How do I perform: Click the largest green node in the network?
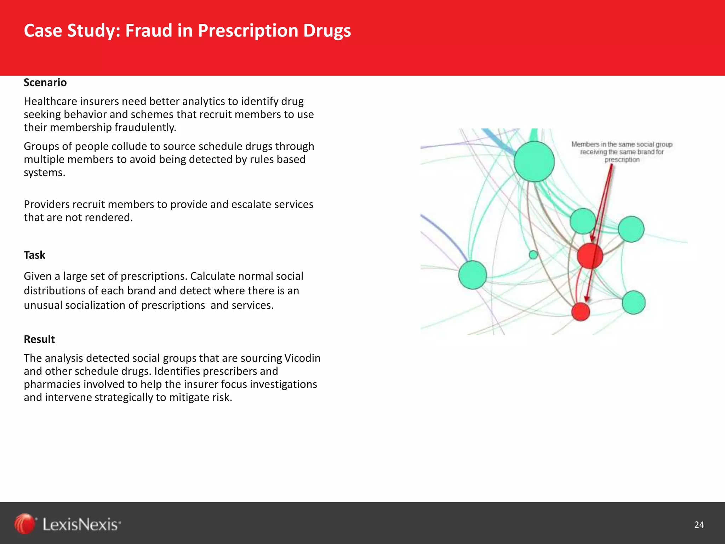tap(534, 161)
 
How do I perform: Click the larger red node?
tap(590, 255)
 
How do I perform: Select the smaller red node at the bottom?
tap(581, 312)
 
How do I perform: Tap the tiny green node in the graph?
tap(533, 255)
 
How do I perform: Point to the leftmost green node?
tap(473, 275)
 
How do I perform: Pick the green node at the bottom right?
tap(633, 302)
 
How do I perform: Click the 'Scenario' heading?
tap(45, 83)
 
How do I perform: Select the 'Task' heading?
tap(35, 255)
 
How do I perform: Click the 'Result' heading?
tap(39, 339)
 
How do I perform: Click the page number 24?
tap(699, 525)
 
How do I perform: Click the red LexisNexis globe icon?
tap(24, 524)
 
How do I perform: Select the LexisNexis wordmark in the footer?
tap(81, 525)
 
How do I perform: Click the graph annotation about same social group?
tap(622, 152)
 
